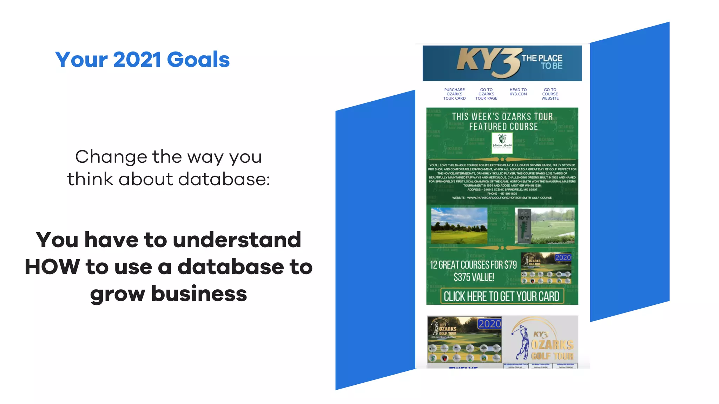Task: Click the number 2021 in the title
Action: [x=137, y=60]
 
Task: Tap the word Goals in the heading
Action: [x=198, y=60]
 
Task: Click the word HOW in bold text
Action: [x=52, y=267]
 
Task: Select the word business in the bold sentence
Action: [x=199, y=294]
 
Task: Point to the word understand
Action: [x=237, y=240]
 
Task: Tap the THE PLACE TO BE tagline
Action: [x=542, y=62]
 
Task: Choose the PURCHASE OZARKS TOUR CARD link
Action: [x=454, y=94]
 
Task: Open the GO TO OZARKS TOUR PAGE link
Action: [x=486, y=94]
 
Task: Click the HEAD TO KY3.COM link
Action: [x=518, y=92]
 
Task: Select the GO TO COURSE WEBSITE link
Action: [x=550, y=94]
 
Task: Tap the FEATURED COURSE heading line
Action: [x=503, y=127]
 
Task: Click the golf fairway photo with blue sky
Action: [x=459, y=225]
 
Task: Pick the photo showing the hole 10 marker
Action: [x=545, y=225]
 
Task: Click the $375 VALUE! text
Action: [x=474, y=277]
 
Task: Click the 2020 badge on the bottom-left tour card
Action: [x=489, y=324]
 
